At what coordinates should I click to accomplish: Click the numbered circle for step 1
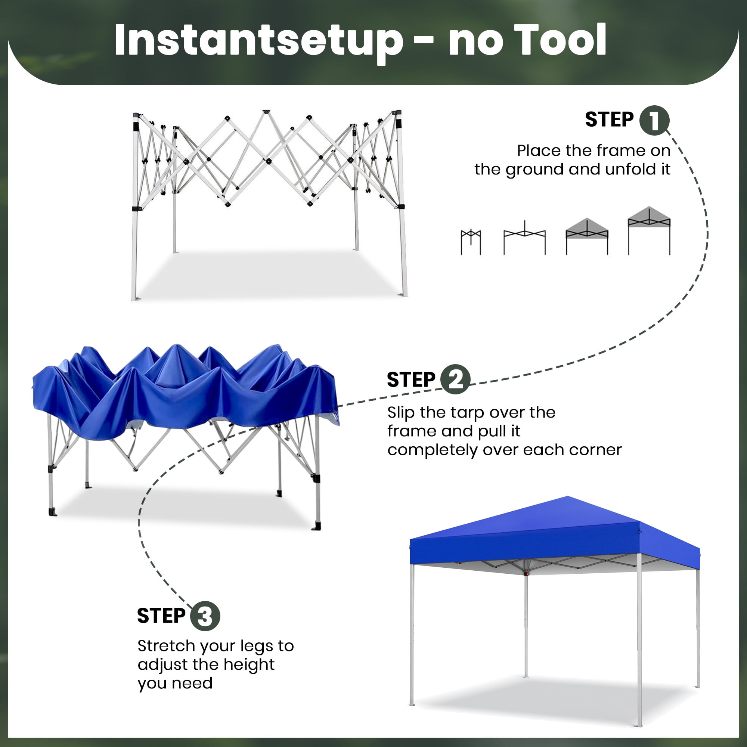pyautogui.click(x=654, y=120)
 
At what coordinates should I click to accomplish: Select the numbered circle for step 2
pyautogui.click(x=455, y=379)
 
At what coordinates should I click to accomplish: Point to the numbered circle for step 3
pyautogui.click(x=205, y=616)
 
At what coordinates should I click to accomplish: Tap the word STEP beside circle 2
pyautogui.click(x=411, y=380)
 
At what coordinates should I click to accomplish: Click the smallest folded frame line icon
pyautogui.click(x=471, y=242)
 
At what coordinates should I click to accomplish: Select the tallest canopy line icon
pyautogui.click(x=649, y=231)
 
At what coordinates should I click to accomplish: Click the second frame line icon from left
pyautogui.click(x=524, y=238)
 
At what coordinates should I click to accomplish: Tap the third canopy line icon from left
pyautogui.click(x=587, y=237)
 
